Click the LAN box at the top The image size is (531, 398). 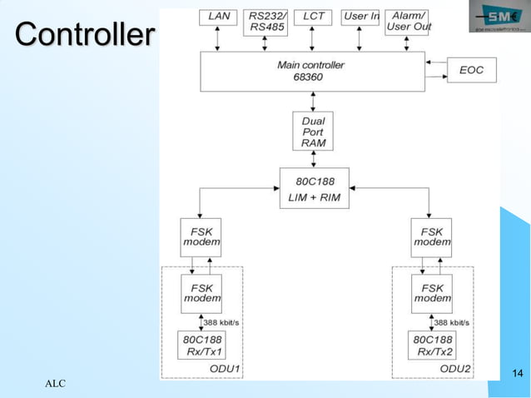(218, 17)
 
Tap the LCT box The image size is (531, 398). (313, 17)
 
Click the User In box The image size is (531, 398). (361, 17)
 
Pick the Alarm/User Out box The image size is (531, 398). (408, 22)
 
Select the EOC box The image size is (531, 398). (471, 71)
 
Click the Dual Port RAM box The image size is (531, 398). (313, 132)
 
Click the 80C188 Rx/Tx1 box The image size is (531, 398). (201, 346)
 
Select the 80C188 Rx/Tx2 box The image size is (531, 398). (432, 346)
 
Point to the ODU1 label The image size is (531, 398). (224, 369)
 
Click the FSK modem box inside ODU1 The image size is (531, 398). (201, 293)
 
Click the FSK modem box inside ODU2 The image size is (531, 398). (432, 293)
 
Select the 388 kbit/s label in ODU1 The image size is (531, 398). (221, 322)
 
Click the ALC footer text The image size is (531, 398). (55, 383)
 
